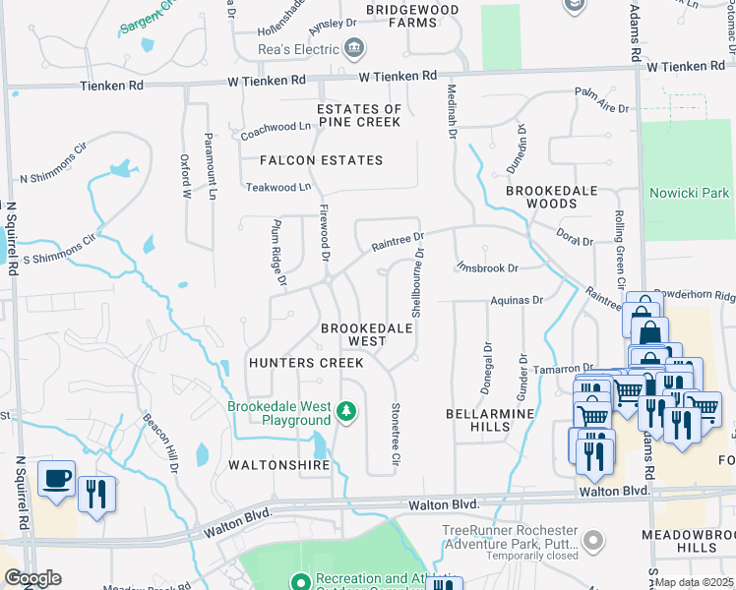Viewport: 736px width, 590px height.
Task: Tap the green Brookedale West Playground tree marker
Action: [x=345, y=409]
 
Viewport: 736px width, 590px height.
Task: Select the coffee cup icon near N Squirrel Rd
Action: [x=56, y=479]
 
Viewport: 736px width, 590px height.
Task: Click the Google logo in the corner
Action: [x=32, y=577]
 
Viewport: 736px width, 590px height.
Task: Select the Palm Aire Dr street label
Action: [x=603, y=94]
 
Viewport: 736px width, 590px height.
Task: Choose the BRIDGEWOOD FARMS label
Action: [x=412, y=16]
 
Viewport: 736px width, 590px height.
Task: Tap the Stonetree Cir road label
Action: [x=396, y=427]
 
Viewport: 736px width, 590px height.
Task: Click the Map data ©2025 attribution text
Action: [x=695, y=582]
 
